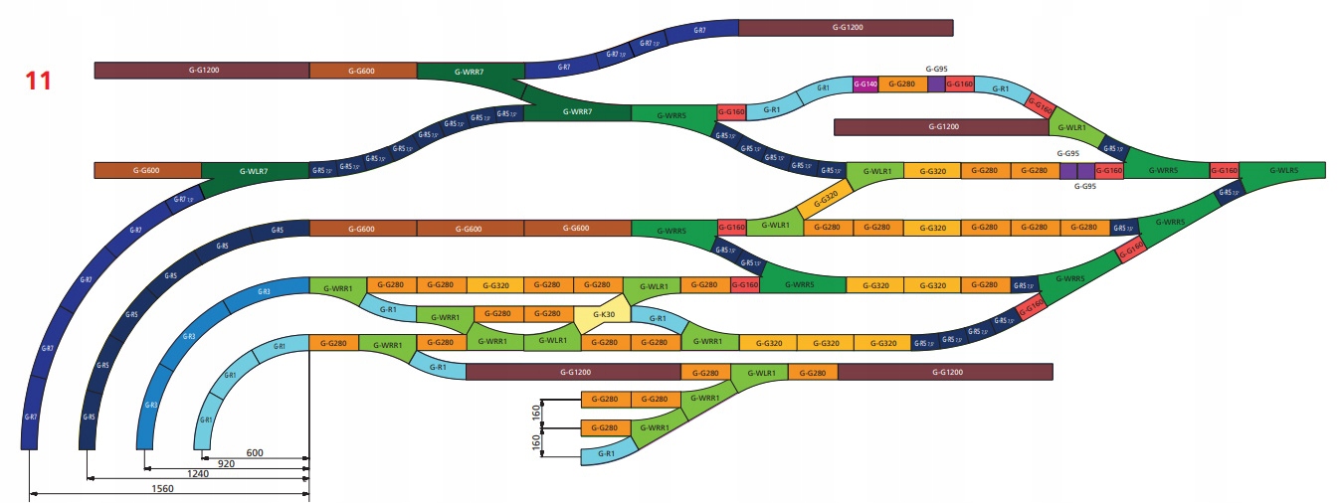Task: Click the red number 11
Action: tap(38, 81)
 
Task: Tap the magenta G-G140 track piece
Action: tap(865, 84)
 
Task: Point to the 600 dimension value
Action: tap(255, 453)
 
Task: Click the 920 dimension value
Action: tap(226, 464)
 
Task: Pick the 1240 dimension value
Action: tap(198, 475)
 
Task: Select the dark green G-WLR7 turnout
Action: tap(255, 171)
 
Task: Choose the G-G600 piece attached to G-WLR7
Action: tap(147, 171)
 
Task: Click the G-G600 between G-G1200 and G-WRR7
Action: tap(362, 71)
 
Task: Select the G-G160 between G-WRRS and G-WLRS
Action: tap(1224, 171)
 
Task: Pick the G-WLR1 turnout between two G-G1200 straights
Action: tap(759, 373)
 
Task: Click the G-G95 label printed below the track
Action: tap(1088, 187)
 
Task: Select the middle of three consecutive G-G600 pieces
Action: tap(470, 229)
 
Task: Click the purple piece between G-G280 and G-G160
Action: tap(936, 84)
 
